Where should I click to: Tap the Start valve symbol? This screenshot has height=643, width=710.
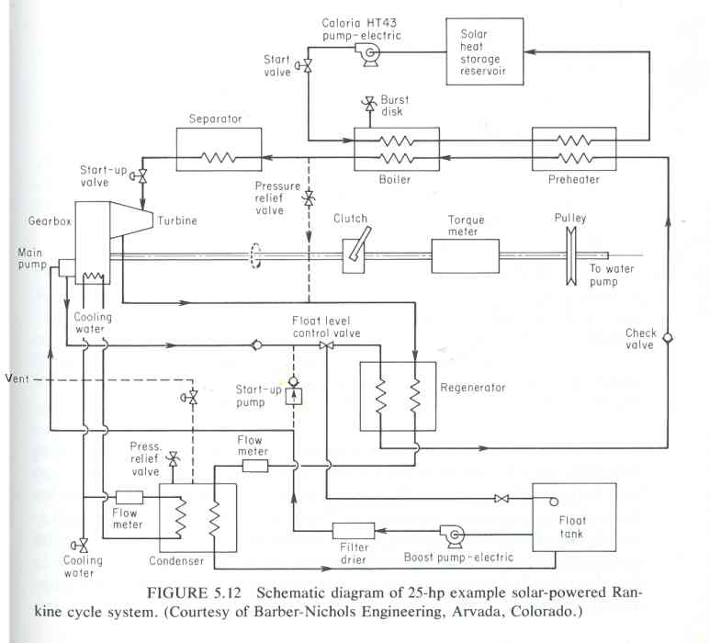coord(305,66)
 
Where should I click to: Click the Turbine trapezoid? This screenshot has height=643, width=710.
coord(131,220)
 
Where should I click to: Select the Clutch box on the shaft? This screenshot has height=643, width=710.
coord(354,256)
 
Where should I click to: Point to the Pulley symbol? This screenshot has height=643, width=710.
coord(571,256)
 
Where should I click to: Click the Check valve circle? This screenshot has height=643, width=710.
coord(668,338)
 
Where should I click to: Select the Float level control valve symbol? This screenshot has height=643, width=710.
coord(326,345)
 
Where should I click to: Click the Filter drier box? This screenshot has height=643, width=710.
coord(354,531)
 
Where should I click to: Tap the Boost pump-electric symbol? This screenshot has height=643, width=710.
coord(452,536)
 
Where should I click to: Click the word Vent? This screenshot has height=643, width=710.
coord(17,378)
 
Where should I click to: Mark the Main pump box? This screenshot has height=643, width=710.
coord(66,268)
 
